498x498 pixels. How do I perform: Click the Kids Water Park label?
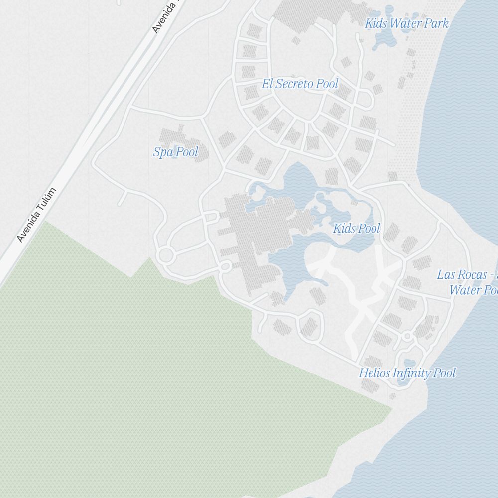coord(406,23)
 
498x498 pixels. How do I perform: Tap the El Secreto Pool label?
coord(300,84)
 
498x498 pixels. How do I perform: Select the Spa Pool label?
coord(175,152)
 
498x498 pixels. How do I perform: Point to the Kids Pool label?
coord(356,229)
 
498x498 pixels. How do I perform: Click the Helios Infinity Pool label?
coord(407,373)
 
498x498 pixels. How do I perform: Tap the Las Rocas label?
coord(467,282)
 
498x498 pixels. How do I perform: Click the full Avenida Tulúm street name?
coord(37,215)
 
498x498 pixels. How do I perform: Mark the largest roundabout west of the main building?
coord(166,256)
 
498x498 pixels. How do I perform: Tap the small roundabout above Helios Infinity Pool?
coord(407,337)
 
